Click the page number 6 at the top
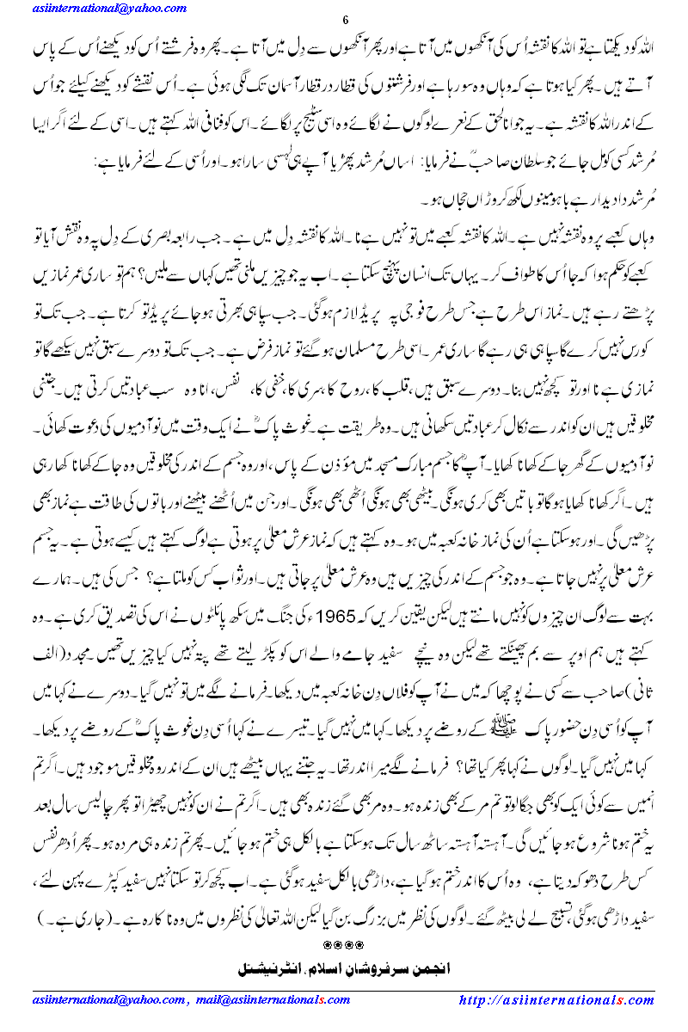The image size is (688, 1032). pyautogui.click(x=344, y=21)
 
